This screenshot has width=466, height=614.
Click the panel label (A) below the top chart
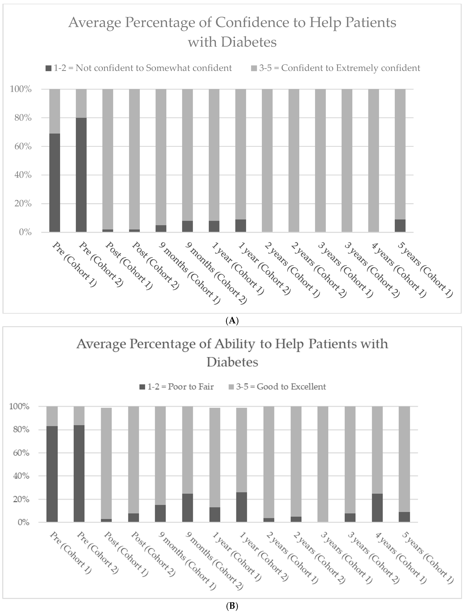tap(232, 321)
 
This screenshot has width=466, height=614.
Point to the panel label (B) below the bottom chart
tap(232, 607)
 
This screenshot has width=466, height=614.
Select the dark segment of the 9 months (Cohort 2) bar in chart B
tap(188, 508)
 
